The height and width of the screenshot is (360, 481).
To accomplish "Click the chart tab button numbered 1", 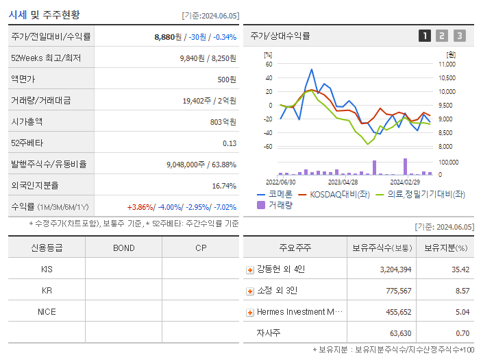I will tap(425, 36).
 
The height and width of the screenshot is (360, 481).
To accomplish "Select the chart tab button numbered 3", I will tap(459, 36).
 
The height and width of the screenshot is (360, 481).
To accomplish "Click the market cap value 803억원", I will tap(223, 122).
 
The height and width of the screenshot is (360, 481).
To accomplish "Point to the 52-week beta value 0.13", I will tap(230, 143).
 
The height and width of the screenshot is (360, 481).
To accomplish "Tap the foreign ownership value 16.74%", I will tap(224, 186).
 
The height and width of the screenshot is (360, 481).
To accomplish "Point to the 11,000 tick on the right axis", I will tap(446, 64).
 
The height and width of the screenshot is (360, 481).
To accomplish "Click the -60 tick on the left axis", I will tap(268, 147).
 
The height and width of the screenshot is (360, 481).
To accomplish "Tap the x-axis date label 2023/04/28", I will tap(343, 182).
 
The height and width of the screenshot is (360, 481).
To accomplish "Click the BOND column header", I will tap(123, 248).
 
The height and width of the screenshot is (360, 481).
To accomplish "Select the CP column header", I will tap(201, 248).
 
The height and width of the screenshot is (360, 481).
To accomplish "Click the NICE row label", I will tap(47, 312).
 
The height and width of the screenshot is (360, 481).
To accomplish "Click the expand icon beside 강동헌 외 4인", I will tap(250, 269).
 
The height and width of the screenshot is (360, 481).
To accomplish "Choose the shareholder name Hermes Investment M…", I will tap(299, 312).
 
